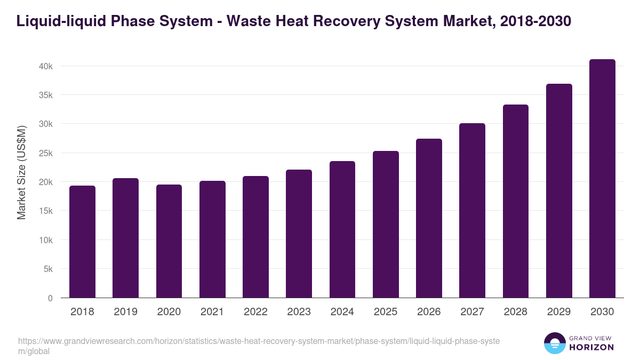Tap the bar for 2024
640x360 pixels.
click(342, 229)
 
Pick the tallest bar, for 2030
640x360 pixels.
click(602, 179)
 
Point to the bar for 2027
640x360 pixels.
click(473, 211)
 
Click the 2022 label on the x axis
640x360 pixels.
click(255, 312)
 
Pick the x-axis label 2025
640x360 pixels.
click(386, 312)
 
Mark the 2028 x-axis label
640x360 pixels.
click(516, 312)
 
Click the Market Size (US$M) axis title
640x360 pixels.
click(21, 173)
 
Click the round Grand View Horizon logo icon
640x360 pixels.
click(554, 343)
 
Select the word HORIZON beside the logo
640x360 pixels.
click(592, 347)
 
